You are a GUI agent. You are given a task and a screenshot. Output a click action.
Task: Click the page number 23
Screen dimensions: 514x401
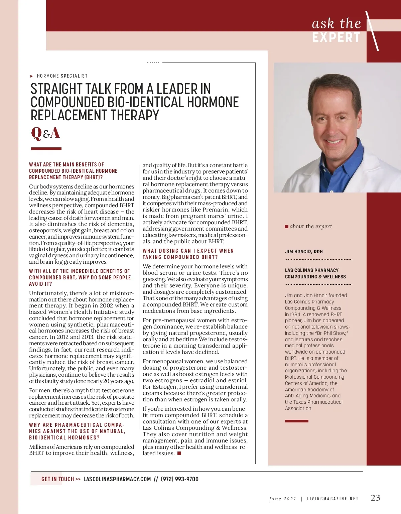coord(375,498)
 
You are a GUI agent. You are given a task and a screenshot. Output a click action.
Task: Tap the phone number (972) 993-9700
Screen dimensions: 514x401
coord(180,479)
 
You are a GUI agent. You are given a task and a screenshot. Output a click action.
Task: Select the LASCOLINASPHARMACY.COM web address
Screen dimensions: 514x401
coord(117,479)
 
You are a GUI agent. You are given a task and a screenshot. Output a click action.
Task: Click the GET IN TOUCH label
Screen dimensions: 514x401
coord(57,479)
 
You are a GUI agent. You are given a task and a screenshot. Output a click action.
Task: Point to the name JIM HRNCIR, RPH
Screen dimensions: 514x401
coord(304,252)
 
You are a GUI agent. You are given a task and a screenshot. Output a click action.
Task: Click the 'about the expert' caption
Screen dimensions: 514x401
coord(311,227)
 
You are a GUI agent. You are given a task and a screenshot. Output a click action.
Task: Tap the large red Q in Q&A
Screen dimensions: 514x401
coord(36,133)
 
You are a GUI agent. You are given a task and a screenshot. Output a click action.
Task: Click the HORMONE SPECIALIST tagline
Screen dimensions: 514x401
coord(62,76)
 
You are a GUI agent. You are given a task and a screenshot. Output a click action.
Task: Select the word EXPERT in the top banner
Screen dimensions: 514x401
coord(336,37)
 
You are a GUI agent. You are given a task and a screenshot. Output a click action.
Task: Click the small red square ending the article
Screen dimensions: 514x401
coord(179,454)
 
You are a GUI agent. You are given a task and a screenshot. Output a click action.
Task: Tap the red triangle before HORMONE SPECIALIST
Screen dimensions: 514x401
coord(32,76)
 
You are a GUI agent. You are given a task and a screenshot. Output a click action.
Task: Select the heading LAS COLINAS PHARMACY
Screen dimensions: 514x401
coord(311,270)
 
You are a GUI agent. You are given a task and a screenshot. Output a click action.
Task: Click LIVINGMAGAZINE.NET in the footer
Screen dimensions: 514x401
coord(332,499)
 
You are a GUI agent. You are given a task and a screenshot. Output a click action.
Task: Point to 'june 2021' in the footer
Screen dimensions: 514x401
coord(282,499)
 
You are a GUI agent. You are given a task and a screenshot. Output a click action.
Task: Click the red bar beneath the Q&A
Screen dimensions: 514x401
coord(46,149)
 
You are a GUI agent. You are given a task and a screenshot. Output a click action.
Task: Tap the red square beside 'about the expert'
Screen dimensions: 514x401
coord(286,227)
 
